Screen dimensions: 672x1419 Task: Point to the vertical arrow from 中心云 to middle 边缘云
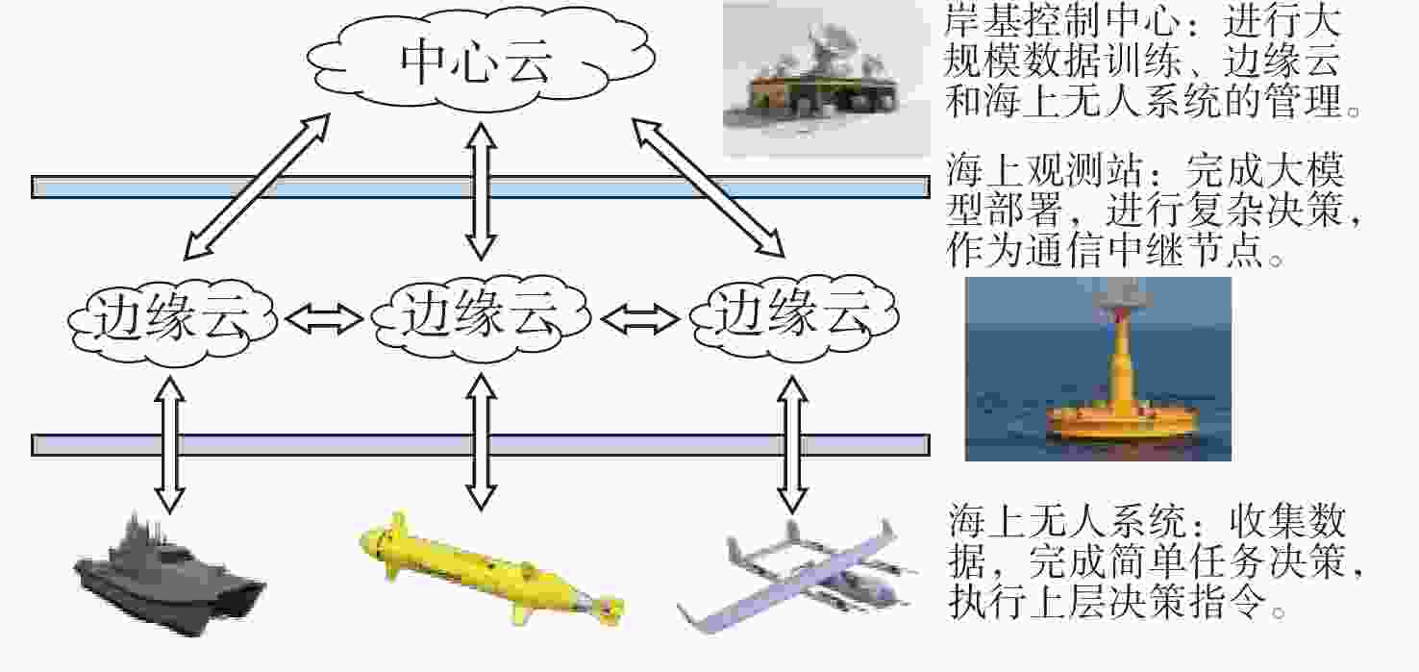(480, 192)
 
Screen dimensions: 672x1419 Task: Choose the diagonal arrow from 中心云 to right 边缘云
(708, 187)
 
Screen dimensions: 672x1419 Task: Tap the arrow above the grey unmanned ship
(170, 443)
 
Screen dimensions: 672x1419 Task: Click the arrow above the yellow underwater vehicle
(480, 441)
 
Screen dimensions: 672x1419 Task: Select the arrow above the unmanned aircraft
(791, 446)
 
